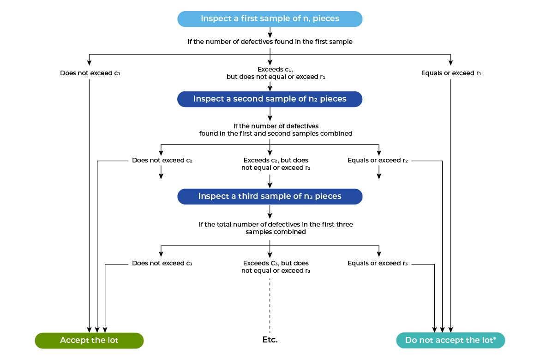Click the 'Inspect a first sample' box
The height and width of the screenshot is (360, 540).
point(270,19)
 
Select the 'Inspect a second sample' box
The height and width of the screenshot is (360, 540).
point(270,99)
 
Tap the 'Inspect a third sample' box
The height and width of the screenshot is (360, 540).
point(270,197)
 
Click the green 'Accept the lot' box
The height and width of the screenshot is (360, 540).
point(89,341)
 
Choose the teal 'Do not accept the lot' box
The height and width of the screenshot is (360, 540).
point(450,341)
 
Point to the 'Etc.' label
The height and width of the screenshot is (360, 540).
point(270,340)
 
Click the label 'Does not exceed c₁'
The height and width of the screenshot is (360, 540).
point(90,73)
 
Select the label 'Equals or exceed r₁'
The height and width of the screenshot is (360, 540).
point(451,73)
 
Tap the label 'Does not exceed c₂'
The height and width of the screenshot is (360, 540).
point(162,161)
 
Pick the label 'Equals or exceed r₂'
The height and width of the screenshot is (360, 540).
point(378,161)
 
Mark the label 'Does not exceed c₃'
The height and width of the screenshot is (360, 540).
point(162,264)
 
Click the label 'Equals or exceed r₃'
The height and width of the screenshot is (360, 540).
point(378,264)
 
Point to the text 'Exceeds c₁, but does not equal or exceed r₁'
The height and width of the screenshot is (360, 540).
point(276,73)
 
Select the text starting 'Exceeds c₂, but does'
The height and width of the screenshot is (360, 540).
point(276,164)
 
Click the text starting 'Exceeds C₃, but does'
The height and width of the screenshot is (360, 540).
point(276,267)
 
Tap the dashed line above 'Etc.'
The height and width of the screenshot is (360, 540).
point(270,305)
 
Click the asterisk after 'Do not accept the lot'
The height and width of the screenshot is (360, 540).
point(495,339)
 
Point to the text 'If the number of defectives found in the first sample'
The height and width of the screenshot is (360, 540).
point(270,42)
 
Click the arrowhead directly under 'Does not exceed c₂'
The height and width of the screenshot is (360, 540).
point(161,176)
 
